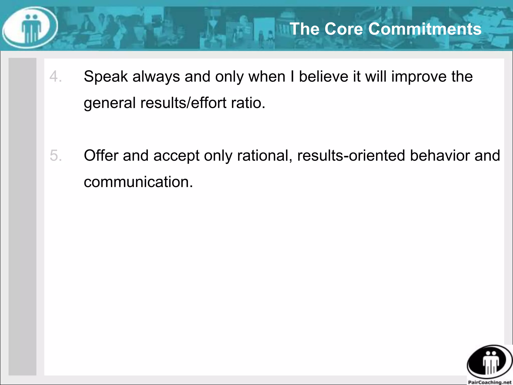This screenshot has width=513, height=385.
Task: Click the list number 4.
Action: point(55,76)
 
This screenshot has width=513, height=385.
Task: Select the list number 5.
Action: point(56,155)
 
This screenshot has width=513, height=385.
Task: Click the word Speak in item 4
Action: point(106,76)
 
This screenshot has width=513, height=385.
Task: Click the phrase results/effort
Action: point(183,103)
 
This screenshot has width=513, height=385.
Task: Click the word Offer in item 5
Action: point(101,155)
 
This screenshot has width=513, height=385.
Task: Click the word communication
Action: point(138,182)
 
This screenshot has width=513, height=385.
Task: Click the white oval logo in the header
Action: point(30,27)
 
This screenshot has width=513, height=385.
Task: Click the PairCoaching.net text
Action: point(490,382)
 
